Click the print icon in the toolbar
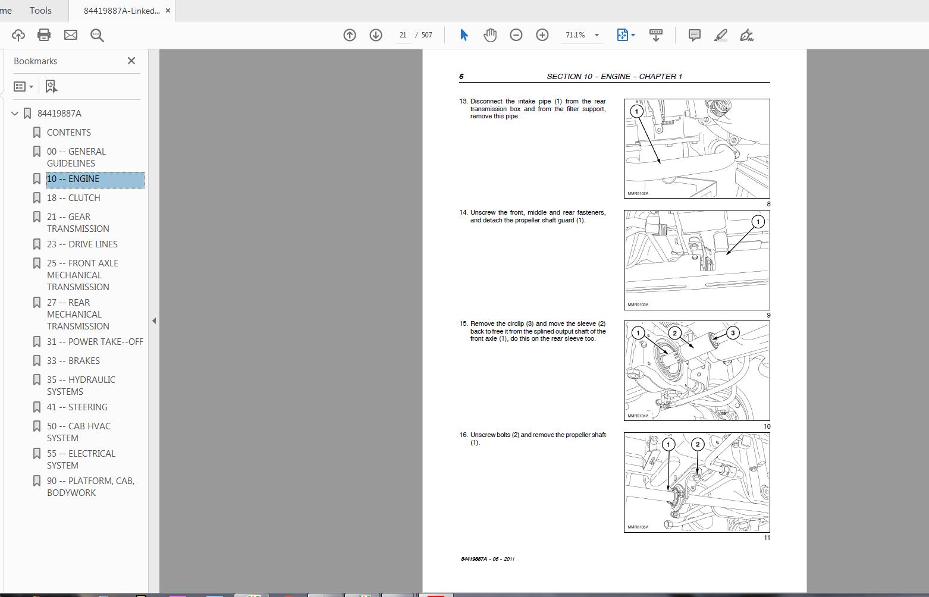click(44, 35)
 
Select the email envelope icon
click(71, 35)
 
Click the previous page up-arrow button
click(350, 35)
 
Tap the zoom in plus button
click(542, 35)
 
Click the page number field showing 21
click(403, 35)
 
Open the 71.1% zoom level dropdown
click(597, 35)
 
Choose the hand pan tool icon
click(490, 35)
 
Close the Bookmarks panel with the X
click(131, 61)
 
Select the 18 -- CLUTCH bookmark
click(73, 198)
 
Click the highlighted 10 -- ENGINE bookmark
click(73, 179)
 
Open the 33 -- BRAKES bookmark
click(73, 361)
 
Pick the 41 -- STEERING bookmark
click(77, 407)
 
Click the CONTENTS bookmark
click(68, 133)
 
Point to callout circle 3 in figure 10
click(733, 333)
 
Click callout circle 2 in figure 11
click(698, 444)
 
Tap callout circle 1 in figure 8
click(636, 111)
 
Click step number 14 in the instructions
click(463, 212)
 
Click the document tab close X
click(168, 11)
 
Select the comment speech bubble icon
click(694, 35)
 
